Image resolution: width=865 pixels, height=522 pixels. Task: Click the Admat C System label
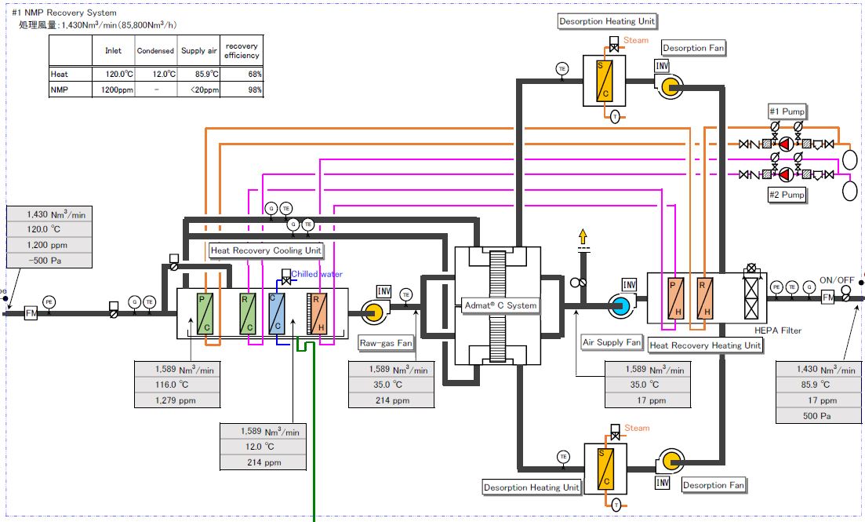click(x=500, y=305)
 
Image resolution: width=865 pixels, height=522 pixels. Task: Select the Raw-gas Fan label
click(x=386, y=342)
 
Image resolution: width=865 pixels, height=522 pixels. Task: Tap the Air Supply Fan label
click(x=612, y=342)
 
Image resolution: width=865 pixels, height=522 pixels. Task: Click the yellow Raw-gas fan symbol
click(x=372, y=312)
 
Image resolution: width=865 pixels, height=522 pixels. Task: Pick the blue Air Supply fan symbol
click(x=620, y=305)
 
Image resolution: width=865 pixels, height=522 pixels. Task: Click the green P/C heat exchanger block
click(x=206, y=312)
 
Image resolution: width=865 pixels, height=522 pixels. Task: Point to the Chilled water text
click(x=317, y=274)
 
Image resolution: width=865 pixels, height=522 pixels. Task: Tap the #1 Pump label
click(x=787, y=111)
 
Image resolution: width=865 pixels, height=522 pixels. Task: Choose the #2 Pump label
click(x=787, y=194)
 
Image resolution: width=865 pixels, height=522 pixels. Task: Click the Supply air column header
click(x=198, y=51)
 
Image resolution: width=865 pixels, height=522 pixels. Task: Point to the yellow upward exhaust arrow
click(x=582, y=235)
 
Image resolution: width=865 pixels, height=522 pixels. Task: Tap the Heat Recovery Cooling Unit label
click(x=267, y=250)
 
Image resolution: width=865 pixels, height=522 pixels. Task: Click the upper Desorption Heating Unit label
click(x=608, y=21)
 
